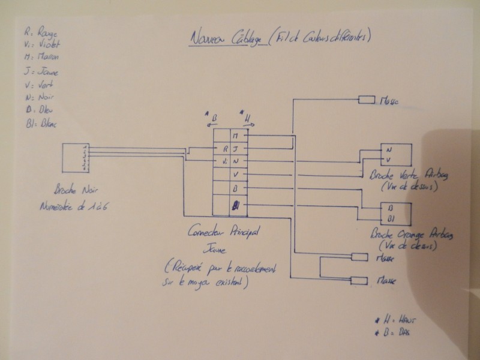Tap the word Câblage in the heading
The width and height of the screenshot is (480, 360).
[x=245, y=39]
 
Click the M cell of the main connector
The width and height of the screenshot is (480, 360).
[x=236, y=136]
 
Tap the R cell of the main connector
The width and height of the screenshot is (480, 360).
[x=224, y=149]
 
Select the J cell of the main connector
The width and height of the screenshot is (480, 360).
[x=236, y=149]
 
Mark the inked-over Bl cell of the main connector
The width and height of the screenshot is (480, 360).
[x=236, y=205]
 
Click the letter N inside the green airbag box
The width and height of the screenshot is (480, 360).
[x=388, y=149]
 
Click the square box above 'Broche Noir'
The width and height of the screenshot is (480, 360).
[x=75, y=158]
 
